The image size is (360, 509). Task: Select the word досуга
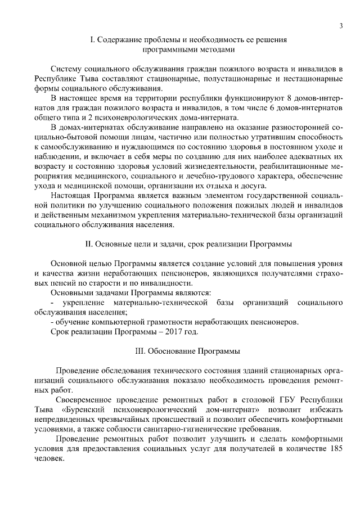click(262, 186)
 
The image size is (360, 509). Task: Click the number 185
click(336, 448)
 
